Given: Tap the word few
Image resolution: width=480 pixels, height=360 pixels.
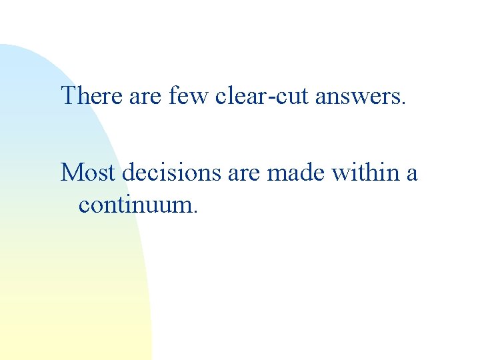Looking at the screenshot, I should tap(189, 96).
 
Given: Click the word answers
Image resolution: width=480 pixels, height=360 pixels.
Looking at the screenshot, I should tap(357, 97).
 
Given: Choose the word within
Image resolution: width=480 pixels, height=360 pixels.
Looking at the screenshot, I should tap(369, 173).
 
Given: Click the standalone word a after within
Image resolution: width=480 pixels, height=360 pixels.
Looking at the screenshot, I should tap(411, 175).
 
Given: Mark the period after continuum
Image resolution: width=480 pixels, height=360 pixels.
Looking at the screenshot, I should tap(195, 211).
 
